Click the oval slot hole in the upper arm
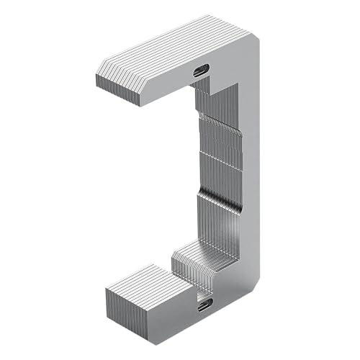(x=201, y=70)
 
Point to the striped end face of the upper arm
(x=117, y=85)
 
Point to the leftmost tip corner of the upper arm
(x=96, y=76)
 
